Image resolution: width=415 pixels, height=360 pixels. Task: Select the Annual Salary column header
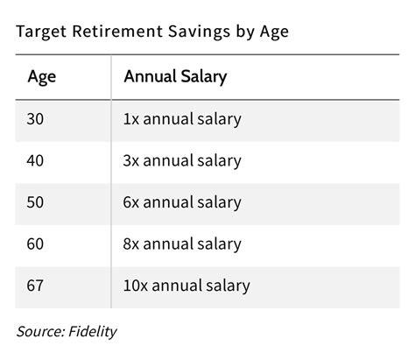175,77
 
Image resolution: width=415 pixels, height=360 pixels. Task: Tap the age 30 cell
34,119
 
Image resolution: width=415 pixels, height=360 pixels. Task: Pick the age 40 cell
34,161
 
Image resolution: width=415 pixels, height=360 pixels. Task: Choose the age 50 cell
34,202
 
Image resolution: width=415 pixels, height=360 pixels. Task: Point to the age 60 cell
34,244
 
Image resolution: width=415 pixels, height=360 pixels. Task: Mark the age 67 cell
34,286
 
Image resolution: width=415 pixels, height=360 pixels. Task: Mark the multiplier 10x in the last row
136,286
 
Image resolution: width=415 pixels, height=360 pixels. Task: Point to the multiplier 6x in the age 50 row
131,202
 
